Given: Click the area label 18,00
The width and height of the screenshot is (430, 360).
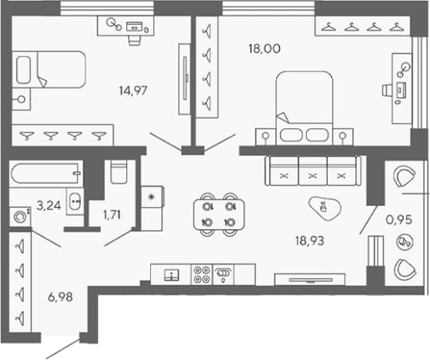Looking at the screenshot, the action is coord(265,48).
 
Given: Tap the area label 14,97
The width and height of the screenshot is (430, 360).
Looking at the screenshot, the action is coord(133,91).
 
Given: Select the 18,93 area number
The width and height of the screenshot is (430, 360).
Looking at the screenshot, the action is coord(309,241).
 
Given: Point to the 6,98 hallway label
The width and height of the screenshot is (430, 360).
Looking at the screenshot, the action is coord(60,297).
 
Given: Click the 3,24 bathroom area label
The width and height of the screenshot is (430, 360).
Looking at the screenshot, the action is coord(48,205).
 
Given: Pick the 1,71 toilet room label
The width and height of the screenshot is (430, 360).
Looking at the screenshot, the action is coord(112,215).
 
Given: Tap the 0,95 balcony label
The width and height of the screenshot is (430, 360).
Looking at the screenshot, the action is coord(399,220).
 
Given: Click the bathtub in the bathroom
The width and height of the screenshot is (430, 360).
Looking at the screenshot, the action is coord(46,174).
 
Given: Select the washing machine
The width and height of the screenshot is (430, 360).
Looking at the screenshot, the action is coord(20,217).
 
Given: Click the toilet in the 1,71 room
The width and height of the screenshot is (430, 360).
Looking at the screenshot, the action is coord(118,172).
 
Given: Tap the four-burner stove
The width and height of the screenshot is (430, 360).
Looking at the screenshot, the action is coord(202,275).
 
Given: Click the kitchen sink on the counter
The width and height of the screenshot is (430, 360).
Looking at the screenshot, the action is coord(172,275).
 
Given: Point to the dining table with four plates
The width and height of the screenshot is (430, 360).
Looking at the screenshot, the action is coord(218,214).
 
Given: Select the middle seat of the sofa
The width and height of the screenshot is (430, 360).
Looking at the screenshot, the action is coord(312,171).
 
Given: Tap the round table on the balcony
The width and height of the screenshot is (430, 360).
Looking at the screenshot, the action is coord(405,242).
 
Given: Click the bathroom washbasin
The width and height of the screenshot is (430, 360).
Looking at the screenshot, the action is coord(75,202).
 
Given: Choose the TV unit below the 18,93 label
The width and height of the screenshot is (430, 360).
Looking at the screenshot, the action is coord(310,280).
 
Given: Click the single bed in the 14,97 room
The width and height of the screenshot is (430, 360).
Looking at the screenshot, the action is coord(48,70).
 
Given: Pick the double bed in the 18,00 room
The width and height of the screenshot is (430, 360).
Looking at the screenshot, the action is coord(305,108).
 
